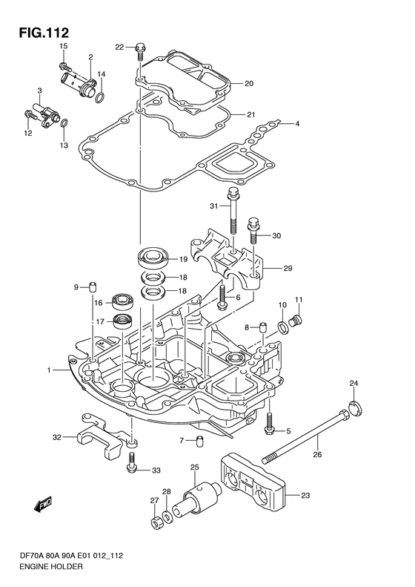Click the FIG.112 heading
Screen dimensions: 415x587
click(x=44, y=33)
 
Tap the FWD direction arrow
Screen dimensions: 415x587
click(x=43, y=505)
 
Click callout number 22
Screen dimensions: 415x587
click(x=119, y=47)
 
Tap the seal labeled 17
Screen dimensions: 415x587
click(x=122, y=321)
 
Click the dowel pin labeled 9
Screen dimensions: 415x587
click(x=93, y=287)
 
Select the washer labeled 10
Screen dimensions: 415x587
click(x=282, y=327)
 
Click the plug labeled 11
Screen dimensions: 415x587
click(x=296, y=321)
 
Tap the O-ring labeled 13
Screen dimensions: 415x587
click(x=64, y=123)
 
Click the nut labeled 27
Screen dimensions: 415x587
click(x=156, y=522)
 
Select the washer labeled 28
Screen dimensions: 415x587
click(x=167, y=517)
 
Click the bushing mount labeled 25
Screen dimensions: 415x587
click(x=197, y=497)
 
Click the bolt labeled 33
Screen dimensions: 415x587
click(x=131, y=463)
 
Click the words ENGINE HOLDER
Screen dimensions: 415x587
click(x=51, y=577)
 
